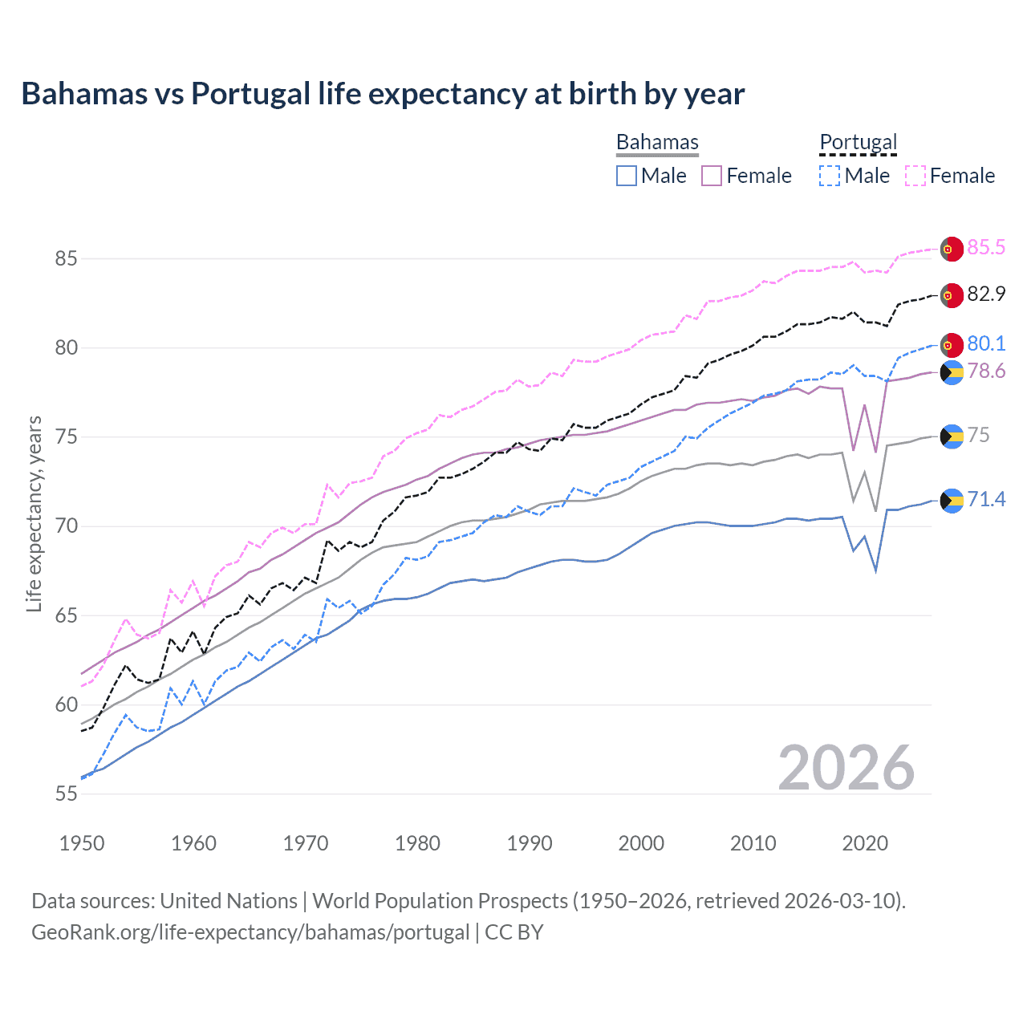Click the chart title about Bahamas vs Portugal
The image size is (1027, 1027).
(x=383, y=94)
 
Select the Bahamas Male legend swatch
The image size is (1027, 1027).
(x=627, y=176)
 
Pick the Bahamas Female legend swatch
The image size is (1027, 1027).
(x=712, y=176)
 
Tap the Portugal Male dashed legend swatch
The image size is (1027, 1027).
(x=830, y=176)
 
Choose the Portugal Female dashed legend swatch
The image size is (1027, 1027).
(x=915, y=176)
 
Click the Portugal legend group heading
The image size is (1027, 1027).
(x=858, y=142)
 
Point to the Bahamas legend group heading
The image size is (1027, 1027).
(x=657, y=142)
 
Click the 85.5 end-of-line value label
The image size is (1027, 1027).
(x=985, y=248)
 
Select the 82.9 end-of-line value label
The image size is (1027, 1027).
(x=985, y=294)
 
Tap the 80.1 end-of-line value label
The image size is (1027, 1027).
(x=985, y=344)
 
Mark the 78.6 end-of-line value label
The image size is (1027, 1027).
(x=985, y=371)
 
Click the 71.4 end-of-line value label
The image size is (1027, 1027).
(x=985, y=500)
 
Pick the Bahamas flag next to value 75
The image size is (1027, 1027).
(x=952, y=436)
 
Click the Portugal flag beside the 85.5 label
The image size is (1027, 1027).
(x=952, y=249)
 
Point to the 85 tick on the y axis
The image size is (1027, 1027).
(x=66, y=258)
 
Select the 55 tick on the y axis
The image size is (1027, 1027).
(x=66, y=794)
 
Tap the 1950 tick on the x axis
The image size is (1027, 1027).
(x=82, y=843)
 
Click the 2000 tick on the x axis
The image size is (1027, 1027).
(x=641, y=843)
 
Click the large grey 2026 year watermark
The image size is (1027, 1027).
(x=846, y=768)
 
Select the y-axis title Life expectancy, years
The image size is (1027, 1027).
(x=34, y=513)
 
